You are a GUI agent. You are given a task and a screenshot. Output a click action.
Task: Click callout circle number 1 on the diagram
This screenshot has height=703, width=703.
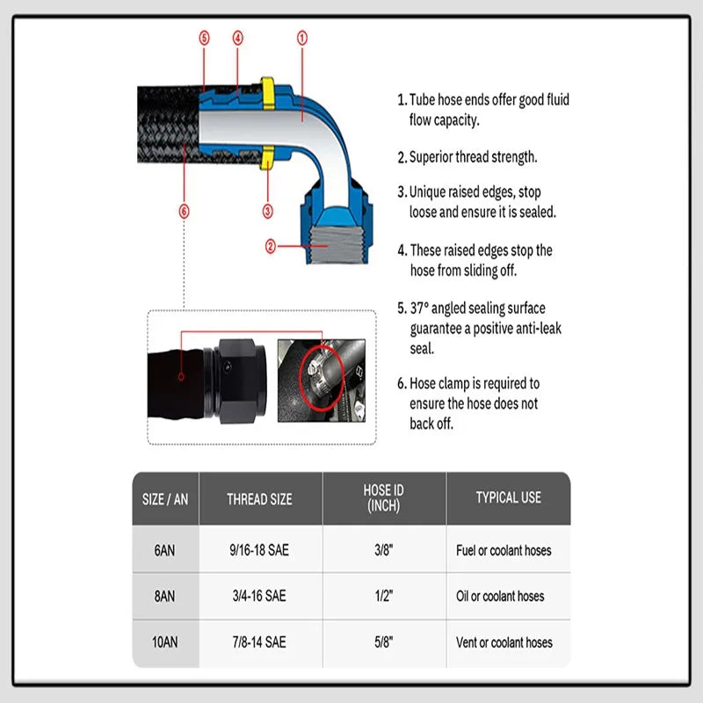(x=301, y=38)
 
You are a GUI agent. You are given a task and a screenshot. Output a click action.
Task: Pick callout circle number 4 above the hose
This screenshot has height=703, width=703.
(x=237, y=38)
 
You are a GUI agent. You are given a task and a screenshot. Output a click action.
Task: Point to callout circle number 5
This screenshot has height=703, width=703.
(x=205, y=38)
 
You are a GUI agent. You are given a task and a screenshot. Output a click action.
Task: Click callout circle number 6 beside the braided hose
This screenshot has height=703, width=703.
(x=184, y=211)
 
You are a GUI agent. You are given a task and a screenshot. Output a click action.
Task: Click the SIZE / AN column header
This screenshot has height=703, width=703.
(x=165, y=499)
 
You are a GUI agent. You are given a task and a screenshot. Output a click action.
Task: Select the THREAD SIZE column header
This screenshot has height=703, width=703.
(x=260, y=499)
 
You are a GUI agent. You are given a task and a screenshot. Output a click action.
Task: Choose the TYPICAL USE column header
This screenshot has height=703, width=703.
(x=508, y=497)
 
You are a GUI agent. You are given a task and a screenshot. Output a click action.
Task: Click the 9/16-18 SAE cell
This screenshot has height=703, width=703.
(x=260, y=550)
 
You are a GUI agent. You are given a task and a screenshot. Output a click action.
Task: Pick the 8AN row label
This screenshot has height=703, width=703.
(x=165, y=597)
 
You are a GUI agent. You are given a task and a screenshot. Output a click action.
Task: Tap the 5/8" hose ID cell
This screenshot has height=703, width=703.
(x=384, y=642)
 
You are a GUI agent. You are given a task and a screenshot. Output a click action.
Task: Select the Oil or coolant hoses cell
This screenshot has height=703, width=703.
(x=500, y=597)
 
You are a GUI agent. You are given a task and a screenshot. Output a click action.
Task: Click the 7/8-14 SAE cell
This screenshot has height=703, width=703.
(x=260, y=642)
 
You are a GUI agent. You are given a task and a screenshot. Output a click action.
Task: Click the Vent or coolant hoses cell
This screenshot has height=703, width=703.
(x=504, y=642)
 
